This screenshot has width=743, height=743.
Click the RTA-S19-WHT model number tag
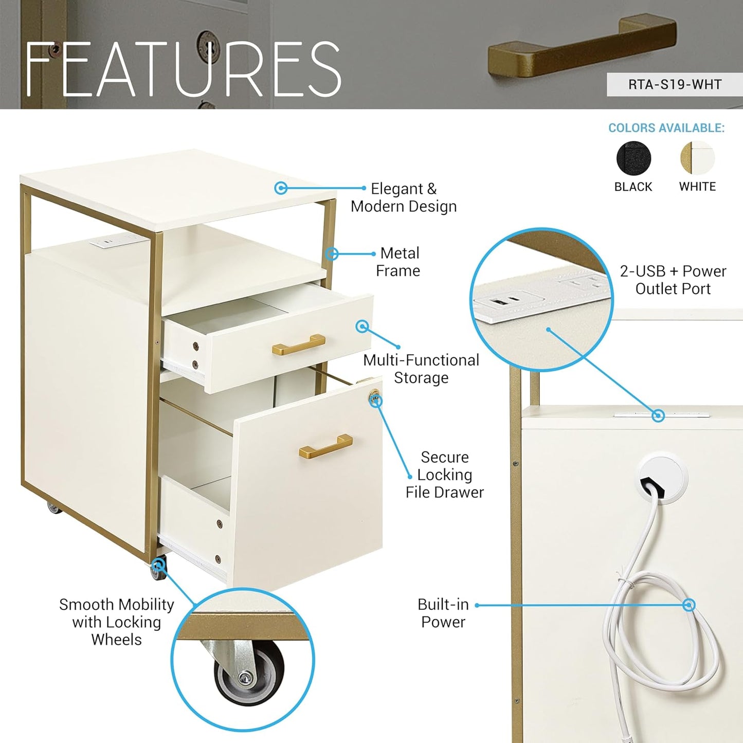(x=675, y=84)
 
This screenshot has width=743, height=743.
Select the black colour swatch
(x=633, y=158)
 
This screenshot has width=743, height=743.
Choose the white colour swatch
(x=697, y=158)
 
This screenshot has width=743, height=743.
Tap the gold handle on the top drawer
(x=298, y=345)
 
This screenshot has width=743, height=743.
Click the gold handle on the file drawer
(x=325, y=446)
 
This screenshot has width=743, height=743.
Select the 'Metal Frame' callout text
(x=398, y=262)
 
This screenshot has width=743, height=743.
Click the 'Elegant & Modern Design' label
(x=404, y=197)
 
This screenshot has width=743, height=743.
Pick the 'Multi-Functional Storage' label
(x=421, y=369)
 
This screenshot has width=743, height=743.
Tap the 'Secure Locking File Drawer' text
(x=445, y=475)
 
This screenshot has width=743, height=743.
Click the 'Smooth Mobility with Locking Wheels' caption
(x=117, y=622)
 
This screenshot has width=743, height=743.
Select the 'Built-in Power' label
(x=443, y=613)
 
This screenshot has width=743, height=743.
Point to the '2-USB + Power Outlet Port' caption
(x=673, y=280)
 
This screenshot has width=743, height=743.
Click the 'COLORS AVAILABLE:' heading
(x=666, y=128)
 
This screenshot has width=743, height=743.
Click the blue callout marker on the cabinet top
(x=281, y=188)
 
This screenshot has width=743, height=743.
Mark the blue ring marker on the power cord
(x=689, y=605)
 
